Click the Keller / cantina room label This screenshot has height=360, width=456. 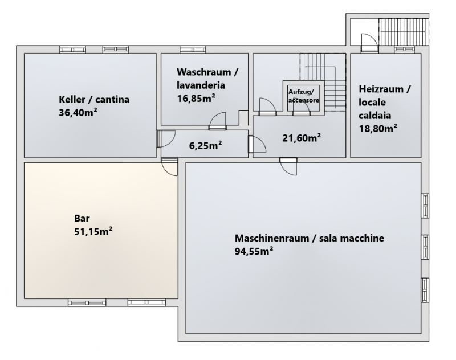coord(94,99)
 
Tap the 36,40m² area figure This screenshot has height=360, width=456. coord(78,112)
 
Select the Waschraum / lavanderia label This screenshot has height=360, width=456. coord(207,79)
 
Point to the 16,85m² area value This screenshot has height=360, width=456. coord(196,98)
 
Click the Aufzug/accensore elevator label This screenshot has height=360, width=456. coord(304,96)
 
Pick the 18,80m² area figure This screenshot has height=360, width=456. coord(378,128)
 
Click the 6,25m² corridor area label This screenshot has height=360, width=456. coord(206,145)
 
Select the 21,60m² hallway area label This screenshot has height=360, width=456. coord(302,137)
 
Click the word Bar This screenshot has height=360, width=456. coord(82,218)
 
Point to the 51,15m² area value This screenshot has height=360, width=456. coord(93,231)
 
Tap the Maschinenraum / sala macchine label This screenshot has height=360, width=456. coord(310,238)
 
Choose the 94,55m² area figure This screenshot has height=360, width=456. coord(254,251)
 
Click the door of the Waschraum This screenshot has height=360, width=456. coord(218,121)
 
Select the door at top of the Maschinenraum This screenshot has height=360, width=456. coord(288,166)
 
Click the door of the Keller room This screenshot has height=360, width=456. coord(165,139)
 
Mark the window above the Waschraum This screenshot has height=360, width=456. coord(193,50)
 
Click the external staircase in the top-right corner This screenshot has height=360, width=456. coord(404,32)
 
